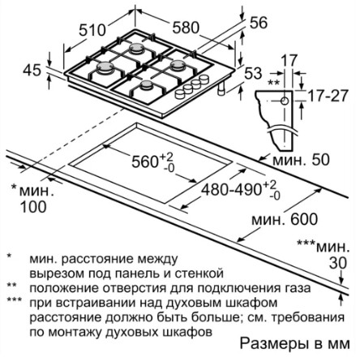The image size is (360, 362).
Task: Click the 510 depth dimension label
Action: pos(92,30)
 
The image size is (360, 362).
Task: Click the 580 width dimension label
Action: pos(186,28)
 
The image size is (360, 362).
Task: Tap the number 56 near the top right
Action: pos(259,23)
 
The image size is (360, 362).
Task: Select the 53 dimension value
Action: pos(253,73)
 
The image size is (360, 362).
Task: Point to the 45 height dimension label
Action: pos(32,71)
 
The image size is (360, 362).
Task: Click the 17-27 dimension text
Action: pos(328,96)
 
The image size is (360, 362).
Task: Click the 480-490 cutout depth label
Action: pos(231,189)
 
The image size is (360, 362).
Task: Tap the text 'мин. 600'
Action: pos(285,219)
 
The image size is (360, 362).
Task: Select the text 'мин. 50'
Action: pos(301,160)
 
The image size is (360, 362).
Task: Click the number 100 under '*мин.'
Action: pos(33,207)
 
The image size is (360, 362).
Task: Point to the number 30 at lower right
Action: pos(337,263)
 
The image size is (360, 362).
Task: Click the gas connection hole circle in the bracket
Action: pos(285,101)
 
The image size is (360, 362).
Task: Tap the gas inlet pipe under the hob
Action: pos(221,88)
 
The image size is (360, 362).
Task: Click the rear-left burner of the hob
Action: pos(136,49)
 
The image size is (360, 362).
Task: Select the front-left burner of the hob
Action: pos(105,68)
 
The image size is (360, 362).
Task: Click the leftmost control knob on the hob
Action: pos(179,94)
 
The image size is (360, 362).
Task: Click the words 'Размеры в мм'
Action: pos(295,344)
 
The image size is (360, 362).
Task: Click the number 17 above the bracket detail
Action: pos(289,61)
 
